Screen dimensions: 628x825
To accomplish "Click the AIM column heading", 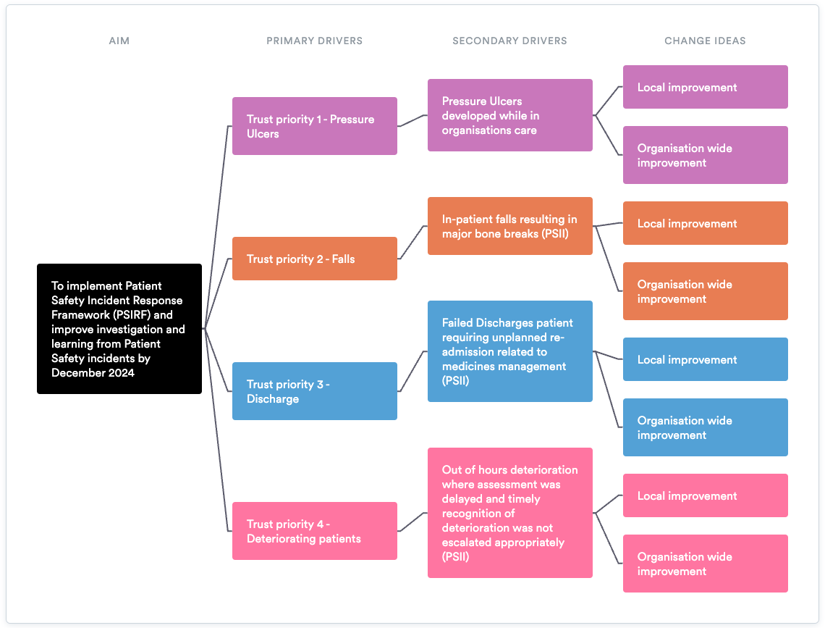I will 119,41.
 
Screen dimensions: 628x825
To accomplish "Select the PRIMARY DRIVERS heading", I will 314,41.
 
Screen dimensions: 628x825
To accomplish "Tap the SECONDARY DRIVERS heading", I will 509,41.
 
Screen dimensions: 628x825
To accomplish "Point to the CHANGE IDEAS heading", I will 705,41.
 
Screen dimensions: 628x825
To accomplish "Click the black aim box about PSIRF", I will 119,329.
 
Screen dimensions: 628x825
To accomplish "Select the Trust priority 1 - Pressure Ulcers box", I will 314,126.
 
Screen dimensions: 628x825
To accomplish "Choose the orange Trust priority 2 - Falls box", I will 314,259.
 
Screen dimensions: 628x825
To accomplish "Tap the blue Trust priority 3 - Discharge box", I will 314,391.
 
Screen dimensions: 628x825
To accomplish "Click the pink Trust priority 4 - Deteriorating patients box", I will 314,531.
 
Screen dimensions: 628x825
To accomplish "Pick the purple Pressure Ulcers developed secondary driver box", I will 509,115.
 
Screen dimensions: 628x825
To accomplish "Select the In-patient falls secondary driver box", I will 509,226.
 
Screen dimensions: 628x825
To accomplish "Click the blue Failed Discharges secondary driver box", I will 509,351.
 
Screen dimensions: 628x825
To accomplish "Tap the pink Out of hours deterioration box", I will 509,513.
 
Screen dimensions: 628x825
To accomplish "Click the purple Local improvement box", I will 705,87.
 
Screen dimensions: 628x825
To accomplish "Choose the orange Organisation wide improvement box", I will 705,291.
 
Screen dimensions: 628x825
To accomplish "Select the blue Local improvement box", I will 705,359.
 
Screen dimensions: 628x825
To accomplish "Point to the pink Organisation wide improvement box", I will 705,564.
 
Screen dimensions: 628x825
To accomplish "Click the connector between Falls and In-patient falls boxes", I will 412,242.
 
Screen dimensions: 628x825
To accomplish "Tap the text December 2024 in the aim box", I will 93,373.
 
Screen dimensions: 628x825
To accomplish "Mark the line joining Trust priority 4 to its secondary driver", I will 412,522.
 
